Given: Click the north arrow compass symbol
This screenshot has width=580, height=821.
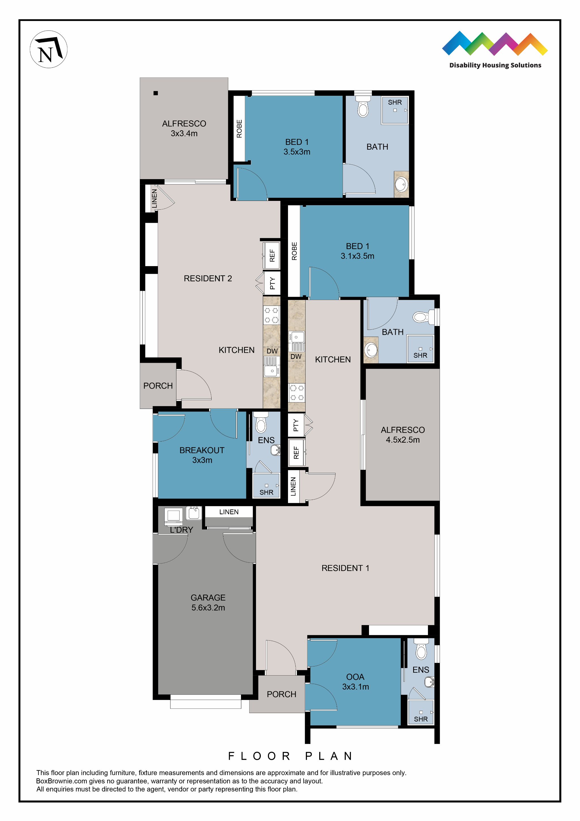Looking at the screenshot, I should [x=48, y=49].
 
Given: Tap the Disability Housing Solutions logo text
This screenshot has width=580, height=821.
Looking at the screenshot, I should [x=495, y=65].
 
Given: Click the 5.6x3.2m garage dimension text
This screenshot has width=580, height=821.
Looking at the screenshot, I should [x=208, y=608].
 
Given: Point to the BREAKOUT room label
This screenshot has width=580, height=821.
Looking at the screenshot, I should [x=202, y=450].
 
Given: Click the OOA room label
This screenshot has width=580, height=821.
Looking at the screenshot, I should [x=355, y=677].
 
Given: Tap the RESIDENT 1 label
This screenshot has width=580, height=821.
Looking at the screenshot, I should [x=345, y=568].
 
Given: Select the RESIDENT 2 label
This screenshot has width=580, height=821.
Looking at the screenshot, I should [x=208, y=278].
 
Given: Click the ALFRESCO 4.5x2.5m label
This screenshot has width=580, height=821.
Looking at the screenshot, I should [x=402, y=435].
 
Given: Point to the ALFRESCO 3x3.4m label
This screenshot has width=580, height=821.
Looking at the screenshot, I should [x=184, y=128].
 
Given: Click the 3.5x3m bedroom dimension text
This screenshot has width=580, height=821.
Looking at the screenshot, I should [x=297, y=152].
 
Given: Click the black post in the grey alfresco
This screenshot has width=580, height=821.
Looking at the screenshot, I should [x=155, y=93].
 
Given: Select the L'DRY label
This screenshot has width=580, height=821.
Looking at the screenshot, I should [x=181, y=530].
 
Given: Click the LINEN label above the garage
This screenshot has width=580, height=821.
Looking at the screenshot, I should [x=229, y=512].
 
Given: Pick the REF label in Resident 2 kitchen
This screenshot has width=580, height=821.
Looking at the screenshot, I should [x=272, y=256].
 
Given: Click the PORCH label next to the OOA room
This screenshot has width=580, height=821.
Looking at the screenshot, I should [x=281, y=694].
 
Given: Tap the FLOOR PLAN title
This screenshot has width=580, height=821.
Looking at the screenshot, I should [x=290, y=756].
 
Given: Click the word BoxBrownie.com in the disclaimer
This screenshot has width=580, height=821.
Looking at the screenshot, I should [x=61, y=781].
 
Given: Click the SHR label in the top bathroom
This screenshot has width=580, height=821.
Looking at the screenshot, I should [x=395, y=102].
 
